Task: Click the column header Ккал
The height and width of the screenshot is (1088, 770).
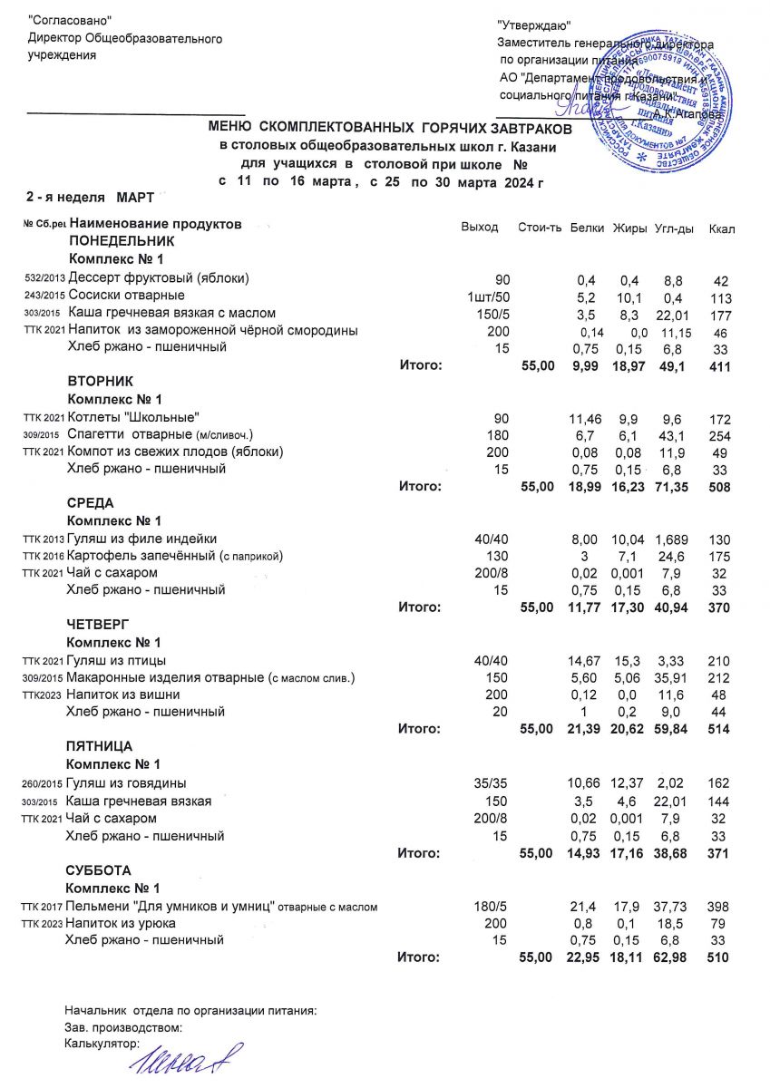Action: pos(722,228)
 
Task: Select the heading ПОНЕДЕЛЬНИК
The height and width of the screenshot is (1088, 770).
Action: pos(121,242)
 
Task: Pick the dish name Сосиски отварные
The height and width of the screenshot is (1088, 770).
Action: pos(127,296)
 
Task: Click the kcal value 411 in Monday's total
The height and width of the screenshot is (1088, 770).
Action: pos(719,365)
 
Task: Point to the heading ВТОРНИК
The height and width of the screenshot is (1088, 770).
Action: pos(100,382)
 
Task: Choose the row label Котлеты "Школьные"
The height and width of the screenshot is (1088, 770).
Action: pos(134,417)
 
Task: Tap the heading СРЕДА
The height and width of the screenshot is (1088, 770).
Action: pos(92,503)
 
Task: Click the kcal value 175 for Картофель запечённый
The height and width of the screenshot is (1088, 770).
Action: pos(719,556)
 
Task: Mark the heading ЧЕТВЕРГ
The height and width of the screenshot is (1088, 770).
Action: pos(100,625)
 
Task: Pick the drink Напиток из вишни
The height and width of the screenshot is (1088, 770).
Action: pos(130,695)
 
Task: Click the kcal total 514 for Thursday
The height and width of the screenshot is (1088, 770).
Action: pos(719,729)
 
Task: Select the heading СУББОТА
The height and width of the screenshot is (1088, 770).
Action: pos(100,869)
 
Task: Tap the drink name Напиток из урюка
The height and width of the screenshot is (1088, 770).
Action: pos(130,923)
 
